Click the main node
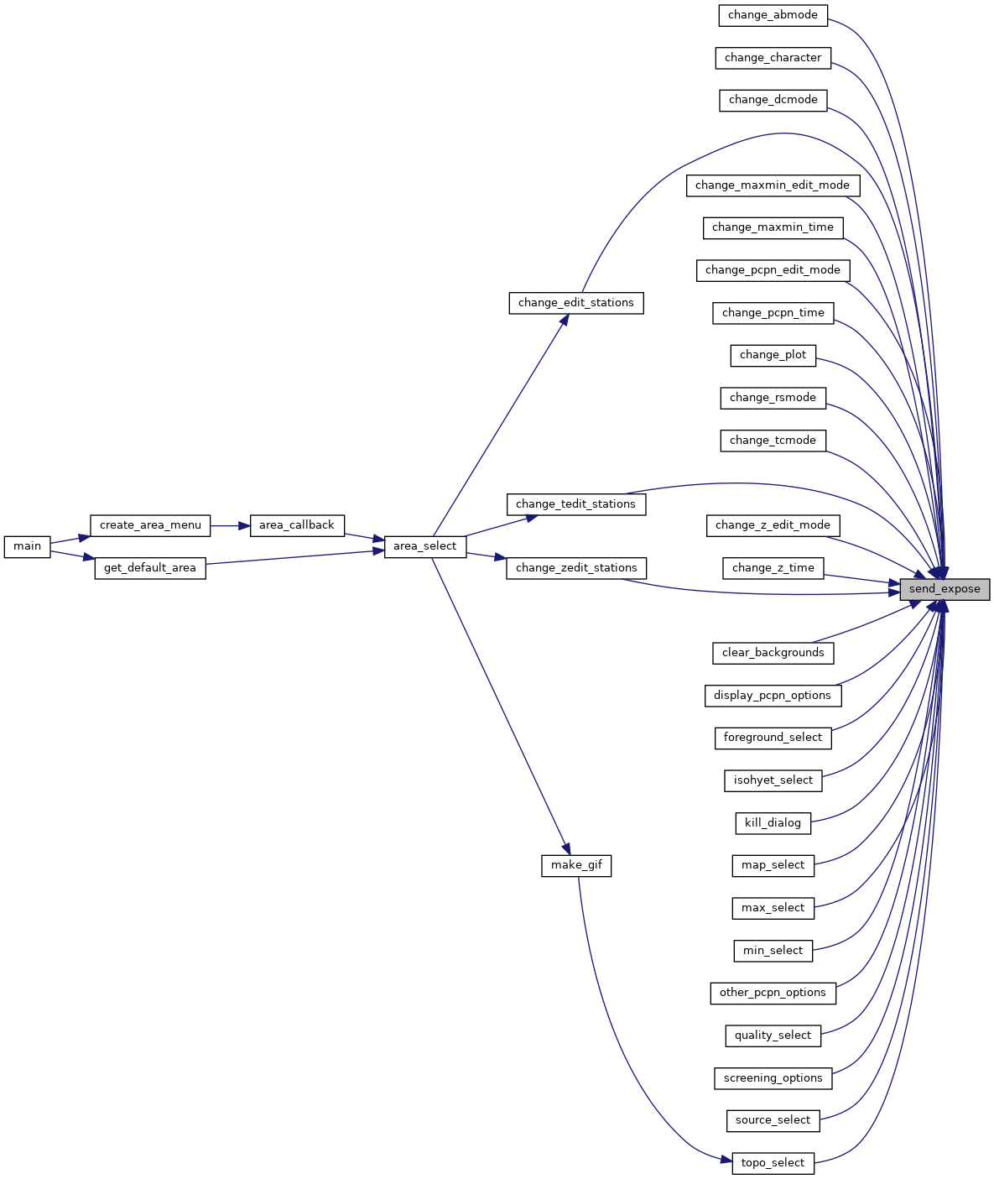click(x=27, y=546)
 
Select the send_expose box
click(x=945, y=589)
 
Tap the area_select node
click(x=425, y=546)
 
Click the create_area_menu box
click(x=150, y=525)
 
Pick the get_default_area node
click(x=150, y=568)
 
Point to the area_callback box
click(x=297, y=525)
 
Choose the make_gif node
click(x=575, y=866)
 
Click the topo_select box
click(x=773, y=1163)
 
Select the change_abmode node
click(x=773, y=15)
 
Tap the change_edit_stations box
click(x=575, y=303)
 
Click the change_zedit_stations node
click(x=575, y=568)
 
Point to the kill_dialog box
click(x=773, y=822)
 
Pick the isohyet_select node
click(x=773, y=780)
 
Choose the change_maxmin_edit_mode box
click(x=773, y=185)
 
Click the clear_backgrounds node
click(x=773, y=654)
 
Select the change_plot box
click(x=773, y=356)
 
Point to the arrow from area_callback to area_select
click(x=364, y=536)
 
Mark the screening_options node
click(x=773, y=1078)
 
